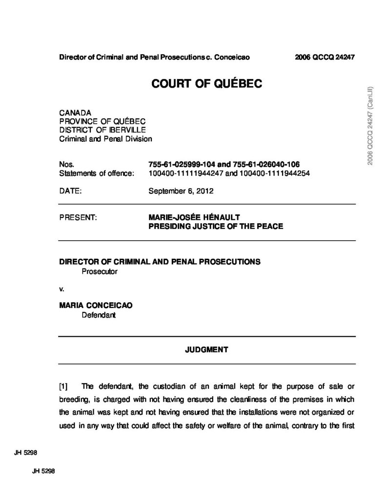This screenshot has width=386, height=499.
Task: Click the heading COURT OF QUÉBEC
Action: [x=207, y=84]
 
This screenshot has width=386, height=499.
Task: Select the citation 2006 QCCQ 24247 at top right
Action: [x=324, y=57]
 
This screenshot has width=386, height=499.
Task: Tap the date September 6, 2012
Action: [x=181, y=191]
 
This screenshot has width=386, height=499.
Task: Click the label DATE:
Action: [x=70, y=191]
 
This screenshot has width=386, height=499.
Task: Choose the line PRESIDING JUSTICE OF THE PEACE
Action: [x=215, y=227]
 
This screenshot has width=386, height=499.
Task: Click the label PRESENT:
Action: [x=79, y=218]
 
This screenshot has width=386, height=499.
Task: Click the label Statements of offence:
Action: [x=96, y=173]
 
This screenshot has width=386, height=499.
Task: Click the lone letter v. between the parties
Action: [x=61, y=288]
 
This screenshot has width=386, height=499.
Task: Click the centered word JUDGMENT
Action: [x=207, y=349]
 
